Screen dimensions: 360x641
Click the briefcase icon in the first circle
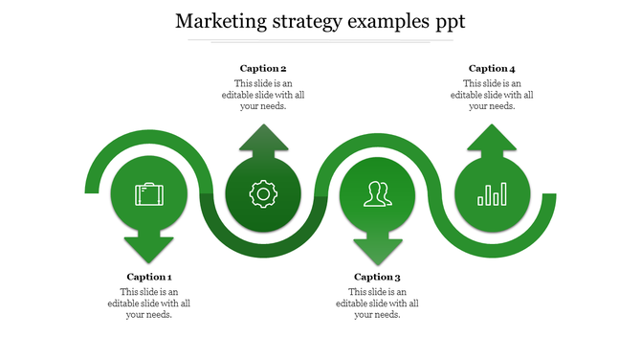149,194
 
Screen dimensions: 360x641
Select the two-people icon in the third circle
377,194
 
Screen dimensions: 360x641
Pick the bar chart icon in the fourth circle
492,194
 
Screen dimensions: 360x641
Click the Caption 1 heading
149,277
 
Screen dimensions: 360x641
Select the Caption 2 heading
263,68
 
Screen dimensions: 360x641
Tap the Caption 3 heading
378,277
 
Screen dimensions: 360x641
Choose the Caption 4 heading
492,68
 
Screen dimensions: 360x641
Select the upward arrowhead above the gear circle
262,140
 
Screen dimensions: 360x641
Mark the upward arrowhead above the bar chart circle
492,140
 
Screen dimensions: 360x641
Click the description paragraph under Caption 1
149,303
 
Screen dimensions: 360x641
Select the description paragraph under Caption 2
263,95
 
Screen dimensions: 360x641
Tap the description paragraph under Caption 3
378,303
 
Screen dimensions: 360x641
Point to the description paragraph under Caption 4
492,95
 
